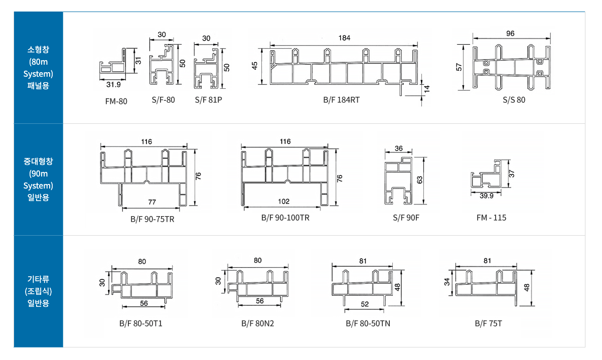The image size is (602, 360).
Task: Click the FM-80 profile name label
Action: (x=116, y=101)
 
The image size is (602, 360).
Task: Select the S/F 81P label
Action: (x=209, y=100)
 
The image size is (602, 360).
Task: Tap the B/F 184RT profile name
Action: (x=341, y=100)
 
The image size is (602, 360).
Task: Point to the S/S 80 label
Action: (x=514, y=100)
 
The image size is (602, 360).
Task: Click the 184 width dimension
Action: (x=344, y=38)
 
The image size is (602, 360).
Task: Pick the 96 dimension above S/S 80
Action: (x=510, y=34)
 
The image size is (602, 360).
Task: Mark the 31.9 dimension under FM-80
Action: (x=113, y=85)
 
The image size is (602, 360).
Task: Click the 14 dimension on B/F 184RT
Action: (x=427, y=89)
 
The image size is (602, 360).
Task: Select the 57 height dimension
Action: (x=459, y=67)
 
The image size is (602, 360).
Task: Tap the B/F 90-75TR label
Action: (x=153, y=219)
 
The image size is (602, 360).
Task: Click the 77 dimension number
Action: (x=152, y=202)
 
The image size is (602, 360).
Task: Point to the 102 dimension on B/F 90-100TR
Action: (x=283, y=202)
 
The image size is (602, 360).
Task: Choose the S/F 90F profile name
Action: (x=406, y=217)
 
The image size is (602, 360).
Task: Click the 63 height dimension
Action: (x=420, y=179)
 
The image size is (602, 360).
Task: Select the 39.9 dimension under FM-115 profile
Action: (x=487, y=196)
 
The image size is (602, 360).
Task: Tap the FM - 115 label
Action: (x=491, y=217)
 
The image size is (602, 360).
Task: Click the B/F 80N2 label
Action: (x=257, y=323)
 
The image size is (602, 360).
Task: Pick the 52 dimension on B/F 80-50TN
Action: (x=365, y=304)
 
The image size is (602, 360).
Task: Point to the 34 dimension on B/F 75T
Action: (x=446, y=282)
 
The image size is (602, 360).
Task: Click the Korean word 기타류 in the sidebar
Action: (x=38, y=279)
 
